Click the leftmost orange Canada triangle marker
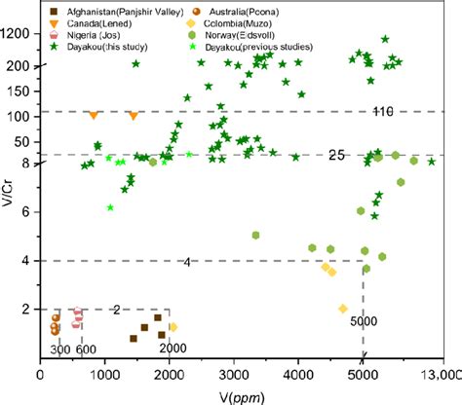point(94,115)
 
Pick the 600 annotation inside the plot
point(86,350)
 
